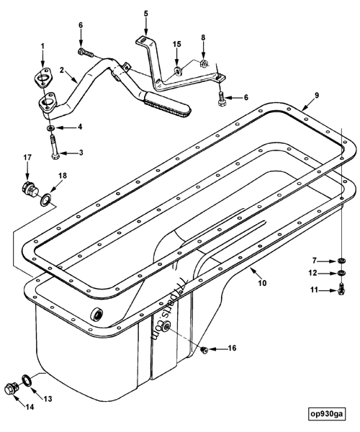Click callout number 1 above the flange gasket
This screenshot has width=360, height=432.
(x=42, y=47)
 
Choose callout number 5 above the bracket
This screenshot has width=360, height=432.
(x=146, y=13)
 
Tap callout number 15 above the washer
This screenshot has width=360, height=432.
(x=176, y=45)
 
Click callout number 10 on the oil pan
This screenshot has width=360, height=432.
(x=262, y=283)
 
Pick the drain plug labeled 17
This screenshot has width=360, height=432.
(x=30, y=191)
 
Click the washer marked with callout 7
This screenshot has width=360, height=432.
(x=341, y=261)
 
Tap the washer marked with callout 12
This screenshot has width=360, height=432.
(x=341, y=274)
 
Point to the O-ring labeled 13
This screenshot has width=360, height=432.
(x=25, y=379)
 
